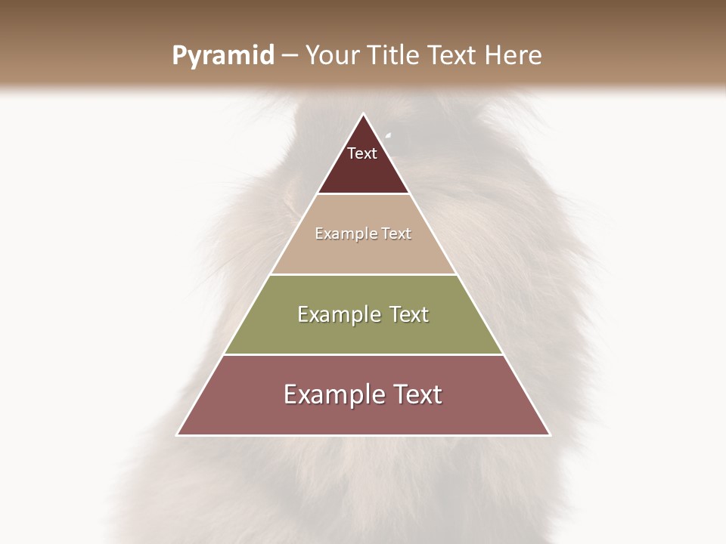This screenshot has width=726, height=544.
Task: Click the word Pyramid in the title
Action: pos(222,56)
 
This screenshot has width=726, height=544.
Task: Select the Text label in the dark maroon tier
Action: pos(362,153)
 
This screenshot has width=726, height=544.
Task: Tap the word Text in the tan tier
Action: pos(396,234)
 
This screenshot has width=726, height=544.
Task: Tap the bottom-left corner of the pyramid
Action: pos(177,435)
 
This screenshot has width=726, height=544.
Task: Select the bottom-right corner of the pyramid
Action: pos(550,435)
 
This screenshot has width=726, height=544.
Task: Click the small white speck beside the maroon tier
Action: pos(389,135)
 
